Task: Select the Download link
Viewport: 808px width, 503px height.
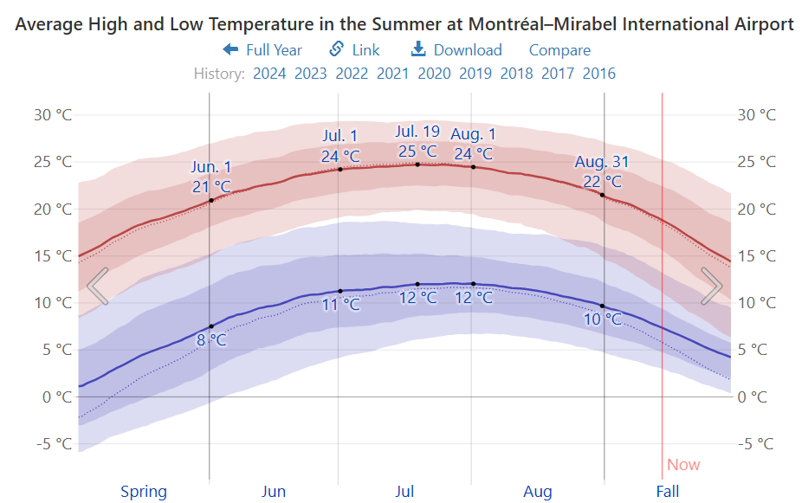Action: (456, 50)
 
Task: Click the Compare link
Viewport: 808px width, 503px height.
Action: (559, 50)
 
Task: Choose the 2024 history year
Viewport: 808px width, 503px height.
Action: (269, 74)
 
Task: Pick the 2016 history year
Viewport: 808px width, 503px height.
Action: (599, 74)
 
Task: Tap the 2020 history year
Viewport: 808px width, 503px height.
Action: (434, 74)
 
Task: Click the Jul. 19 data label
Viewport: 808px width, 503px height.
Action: (417, 132)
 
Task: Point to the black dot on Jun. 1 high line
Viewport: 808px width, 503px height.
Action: (211, 201)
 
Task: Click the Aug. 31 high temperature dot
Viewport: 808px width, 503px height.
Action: (603, 195)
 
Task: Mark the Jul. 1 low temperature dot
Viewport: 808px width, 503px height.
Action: (340, 291)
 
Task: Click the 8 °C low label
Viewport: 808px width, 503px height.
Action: (211, 340)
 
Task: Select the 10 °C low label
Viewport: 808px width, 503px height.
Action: (602, 319)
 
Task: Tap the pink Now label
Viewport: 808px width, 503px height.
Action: (683, 465)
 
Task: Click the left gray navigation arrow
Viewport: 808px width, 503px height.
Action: (98, 286)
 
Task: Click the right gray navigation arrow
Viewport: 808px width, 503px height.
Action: (711, 286)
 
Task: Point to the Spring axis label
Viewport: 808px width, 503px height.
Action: (144, 492)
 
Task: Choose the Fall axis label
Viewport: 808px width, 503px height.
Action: (668, 492)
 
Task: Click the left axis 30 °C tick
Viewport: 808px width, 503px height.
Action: (53, 115)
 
